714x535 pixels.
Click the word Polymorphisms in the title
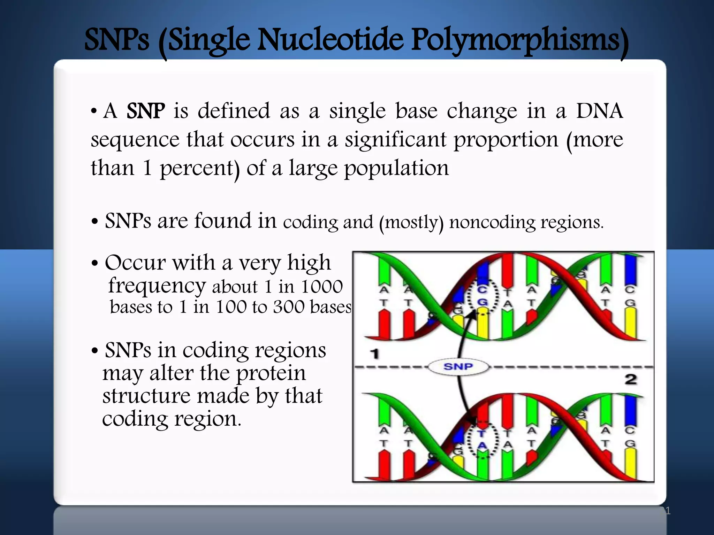519,41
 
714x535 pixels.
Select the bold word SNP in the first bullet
145,111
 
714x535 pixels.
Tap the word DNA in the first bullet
599,111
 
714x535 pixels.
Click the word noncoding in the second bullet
492,222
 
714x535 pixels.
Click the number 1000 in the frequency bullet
321,287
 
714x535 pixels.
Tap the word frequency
157,286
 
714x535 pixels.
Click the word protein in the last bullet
271,373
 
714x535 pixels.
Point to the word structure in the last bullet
146,396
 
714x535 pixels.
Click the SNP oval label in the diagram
458,367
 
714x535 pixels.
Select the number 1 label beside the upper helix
374,355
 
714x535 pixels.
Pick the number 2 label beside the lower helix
631,379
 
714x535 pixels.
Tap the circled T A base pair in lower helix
482,440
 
